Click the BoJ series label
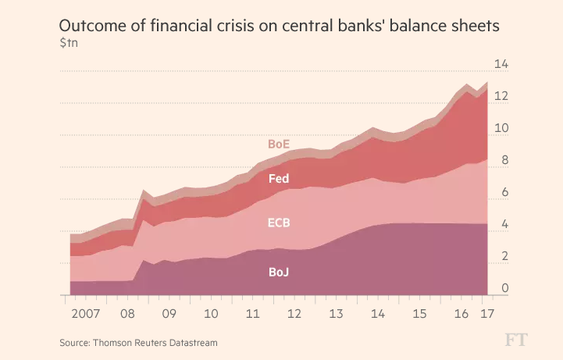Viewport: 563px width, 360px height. (x=279, y=272)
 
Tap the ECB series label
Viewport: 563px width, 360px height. (x=279, y=223)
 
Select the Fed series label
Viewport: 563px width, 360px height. (x=279, y=179)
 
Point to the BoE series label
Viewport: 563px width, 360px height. (x=279, y=144)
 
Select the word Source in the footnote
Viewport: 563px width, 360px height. (x=75, y=342)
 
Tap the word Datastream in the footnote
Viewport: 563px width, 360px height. (x=191, y=342)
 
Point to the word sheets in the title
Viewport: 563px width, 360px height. (x=471, y=26)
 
